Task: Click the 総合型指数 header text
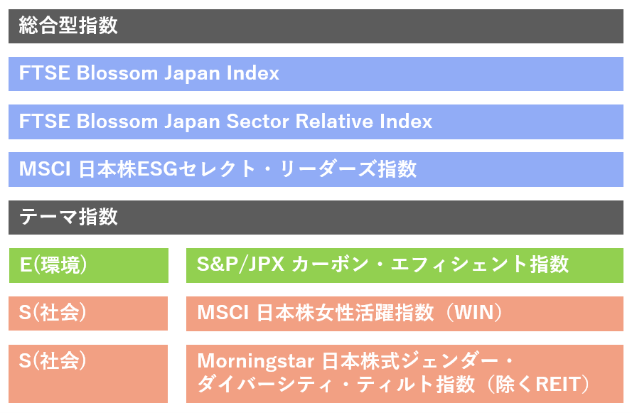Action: [68, 26]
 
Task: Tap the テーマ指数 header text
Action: [68, 217]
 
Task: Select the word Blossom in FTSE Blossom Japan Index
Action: [117, 73]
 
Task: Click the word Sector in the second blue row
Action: [257, 122]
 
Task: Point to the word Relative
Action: [335, 122]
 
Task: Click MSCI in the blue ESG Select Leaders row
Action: [45, 169]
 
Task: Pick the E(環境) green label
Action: [53, 265]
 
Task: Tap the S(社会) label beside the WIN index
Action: [53, 313]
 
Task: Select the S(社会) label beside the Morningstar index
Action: [53, 360]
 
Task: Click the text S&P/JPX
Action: [240, 264]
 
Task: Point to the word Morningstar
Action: [255, 361]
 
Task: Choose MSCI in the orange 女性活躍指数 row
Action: [223, 313]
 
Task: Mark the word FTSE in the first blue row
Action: [44, 73]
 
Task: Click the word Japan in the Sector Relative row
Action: [192, 122]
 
